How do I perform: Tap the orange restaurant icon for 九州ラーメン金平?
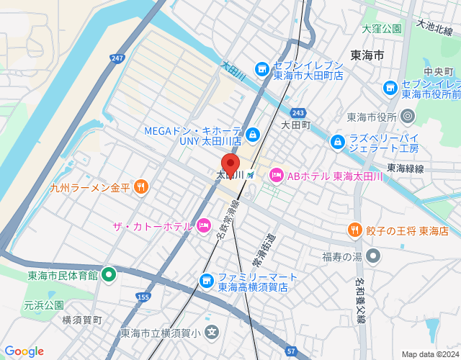140,187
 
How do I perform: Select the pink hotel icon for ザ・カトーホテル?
203,226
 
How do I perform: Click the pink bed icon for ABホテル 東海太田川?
277,175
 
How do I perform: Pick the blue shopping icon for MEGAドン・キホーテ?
253,135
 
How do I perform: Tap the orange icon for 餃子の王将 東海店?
354,230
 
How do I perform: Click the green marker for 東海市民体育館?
109,274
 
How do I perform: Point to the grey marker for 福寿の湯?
372,256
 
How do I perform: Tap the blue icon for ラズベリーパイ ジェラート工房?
337,143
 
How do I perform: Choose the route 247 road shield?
118,58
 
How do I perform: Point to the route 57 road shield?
290,350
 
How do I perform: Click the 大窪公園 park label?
381,30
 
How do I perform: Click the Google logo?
24,351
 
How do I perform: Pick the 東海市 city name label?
367,55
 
